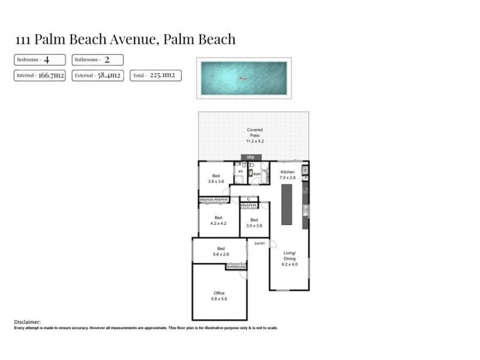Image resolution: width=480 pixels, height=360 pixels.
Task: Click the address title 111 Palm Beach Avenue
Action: pyautogui.click(x=125, y=40)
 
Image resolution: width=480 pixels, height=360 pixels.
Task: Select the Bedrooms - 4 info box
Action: pyautogui.click(x=40, y=60)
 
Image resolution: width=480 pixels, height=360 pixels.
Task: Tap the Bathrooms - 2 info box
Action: pyautogui.click(x=98, y=60)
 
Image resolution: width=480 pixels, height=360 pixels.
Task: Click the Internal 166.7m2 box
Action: pyautogui.click(x=40, y=76)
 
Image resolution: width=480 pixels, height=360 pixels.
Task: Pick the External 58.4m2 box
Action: pyautogui.click(x=98, y=76)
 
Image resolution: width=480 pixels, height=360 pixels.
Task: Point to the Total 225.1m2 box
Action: pyautogui.click(x=155, y=76)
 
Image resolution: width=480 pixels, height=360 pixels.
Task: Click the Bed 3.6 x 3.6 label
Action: pyautogui.click(x=216, y=179)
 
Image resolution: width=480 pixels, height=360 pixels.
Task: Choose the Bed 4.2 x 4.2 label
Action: pyautogui.click(x=218, y=220)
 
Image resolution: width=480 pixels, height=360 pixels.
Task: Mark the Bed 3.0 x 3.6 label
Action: pyautogui.click(x=254, y=223)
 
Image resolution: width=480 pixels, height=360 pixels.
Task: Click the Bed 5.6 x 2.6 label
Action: pyautogui.click(x=220, y=251)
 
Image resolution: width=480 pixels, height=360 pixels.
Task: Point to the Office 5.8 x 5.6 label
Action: pyautogui.click(x=219, y=296)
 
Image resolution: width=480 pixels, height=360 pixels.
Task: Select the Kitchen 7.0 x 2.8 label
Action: pyautogui.click(x=288, y=175)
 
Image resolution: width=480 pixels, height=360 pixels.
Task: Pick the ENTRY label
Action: pyautogui.click(x=260, y=243)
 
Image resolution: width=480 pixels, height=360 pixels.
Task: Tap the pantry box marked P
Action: pyautogui.click(x=305, y=178)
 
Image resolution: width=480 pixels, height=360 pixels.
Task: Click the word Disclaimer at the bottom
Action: pyautogui.click(x=27, y=322)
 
